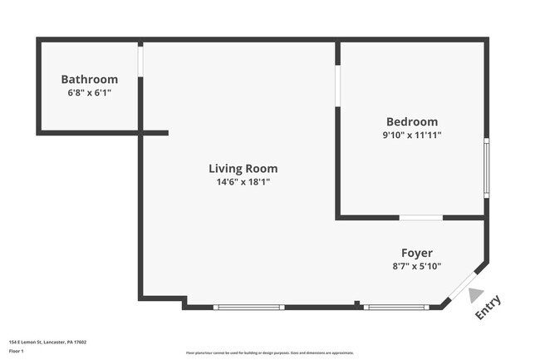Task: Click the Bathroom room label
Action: [89, 80]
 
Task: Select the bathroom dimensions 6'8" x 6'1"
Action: [89, 93]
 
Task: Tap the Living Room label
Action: [243, 169]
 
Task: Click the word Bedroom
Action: [411, 121]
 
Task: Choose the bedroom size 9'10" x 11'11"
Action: [411, 135]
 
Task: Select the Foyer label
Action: [417, 253]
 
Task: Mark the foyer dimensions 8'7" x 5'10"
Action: [416, 266]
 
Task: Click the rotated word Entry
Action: [488, 307]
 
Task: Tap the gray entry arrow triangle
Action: [475, 294]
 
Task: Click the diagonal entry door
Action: [463, 287]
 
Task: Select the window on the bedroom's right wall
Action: [487, 167]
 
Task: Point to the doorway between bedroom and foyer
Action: [420, 218]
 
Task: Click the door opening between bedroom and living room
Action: [337, 86]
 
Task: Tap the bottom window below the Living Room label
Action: [248, 308]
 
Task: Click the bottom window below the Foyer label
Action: [395, 308]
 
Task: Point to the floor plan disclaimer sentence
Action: [269, 354]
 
